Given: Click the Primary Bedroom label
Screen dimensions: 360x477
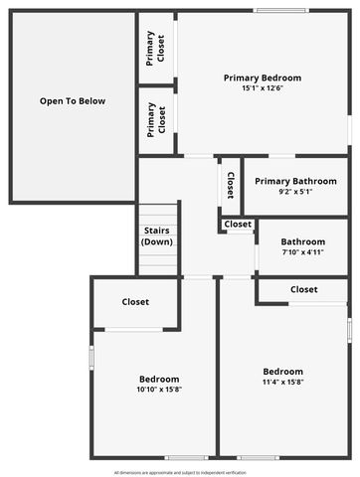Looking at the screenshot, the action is tap(262, 78).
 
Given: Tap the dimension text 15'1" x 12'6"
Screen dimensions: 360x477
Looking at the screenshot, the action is tap(262, 88).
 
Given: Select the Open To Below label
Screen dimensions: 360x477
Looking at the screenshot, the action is tap(73, 101).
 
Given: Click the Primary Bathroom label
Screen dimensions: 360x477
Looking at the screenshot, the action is tap(295, 182).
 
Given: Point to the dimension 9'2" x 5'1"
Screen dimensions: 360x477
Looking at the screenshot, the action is tap(295, 193).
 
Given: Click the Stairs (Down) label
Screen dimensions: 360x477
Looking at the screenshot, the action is tap(158, 237).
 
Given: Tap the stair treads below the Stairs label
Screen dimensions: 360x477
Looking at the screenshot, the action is tap(158, 261).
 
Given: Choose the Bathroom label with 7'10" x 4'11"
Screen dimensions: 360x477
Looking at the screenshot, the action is tap(302, 241).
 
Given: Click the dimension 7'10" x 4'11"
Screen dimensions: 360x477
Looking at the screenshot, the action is tap(302, 252).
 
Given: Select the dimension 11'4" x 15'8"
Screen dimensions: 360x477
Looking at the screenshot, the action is tap(282, 382).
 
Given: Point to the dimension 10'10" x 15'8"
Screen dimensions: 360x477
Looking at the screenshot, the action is tap(159, 390).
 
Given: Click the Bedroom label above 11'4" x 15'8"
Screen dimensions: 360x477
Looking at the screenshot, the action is tap(282, 372).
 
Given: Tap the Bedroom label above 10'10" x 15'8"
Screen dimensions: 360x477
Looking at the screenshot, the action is tap(159, 379).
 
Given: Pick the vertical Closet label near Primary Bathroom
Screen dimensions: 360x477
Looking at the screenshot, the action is tap(230, 185).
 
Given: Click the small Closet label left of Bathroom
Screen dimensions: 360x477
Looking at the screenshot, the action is tap(238, 225).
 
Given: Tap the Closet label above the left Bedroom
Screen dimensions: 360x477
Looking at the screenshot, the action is tap(135, 302).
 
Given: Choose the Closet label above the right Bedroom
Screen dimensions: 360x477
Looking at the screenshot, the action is tap(304, 289).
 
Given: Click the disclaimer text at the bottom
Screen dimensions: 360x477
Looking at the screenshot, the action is tap(180, 472).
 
